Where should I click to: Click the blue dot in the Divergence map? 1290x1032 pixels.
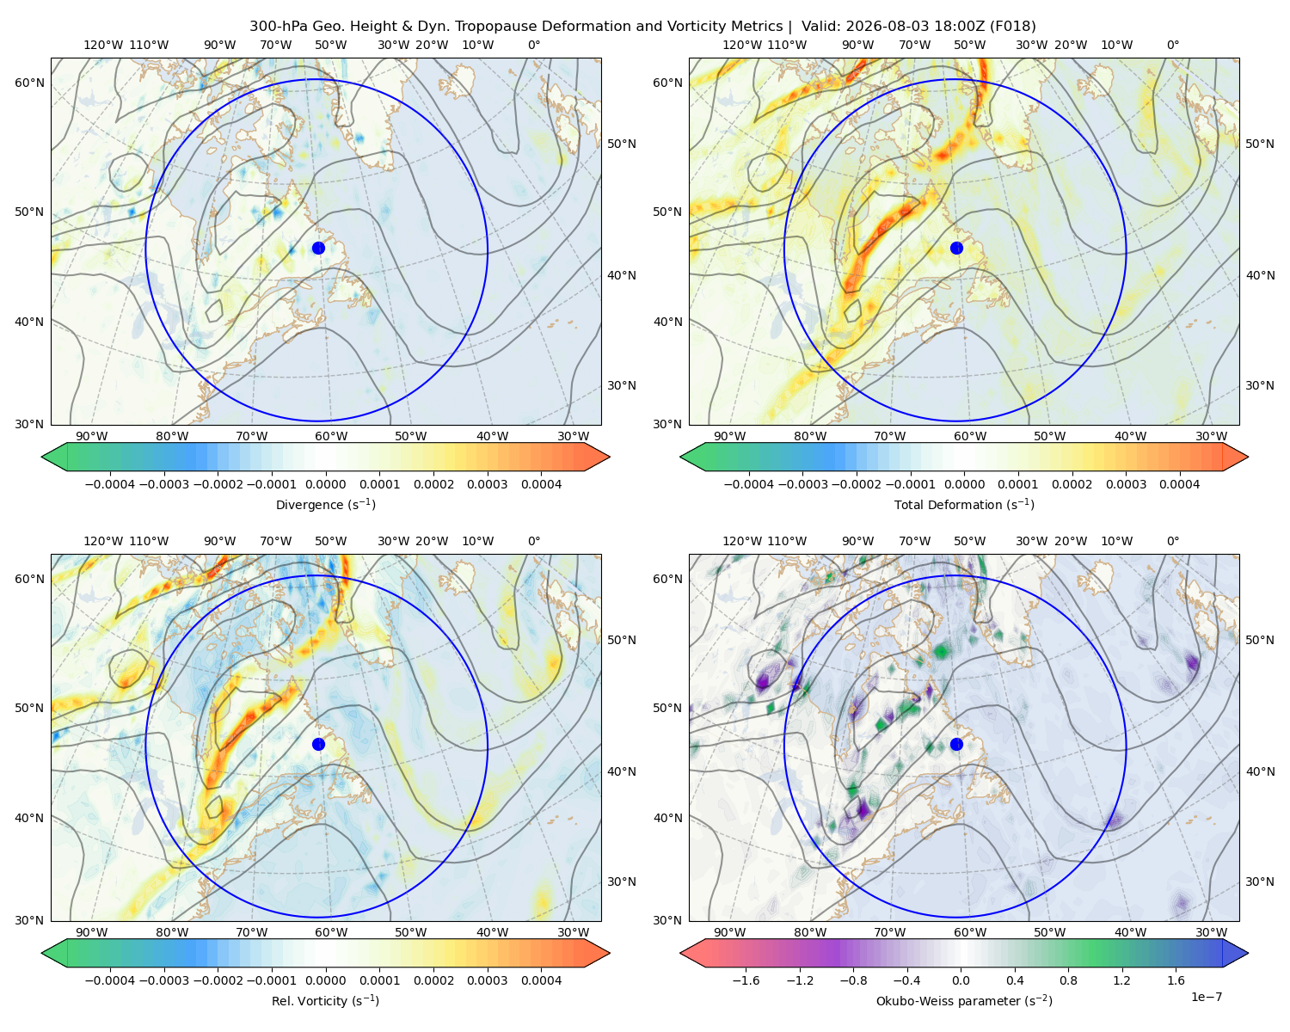(318, 248)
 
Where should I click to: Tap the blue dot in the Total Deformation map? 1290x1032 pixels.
(956, 248)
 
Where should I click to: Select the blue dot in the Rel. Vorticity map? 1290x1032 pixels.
(318, 744)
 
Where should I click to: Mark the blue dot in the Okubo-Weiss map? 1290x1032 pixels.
(956, 744)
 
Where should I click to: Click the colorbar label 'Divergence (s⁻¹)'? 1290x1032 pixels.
(325, 504)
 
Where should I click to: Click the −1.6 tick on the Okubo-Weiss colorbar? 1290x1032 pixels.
(746, 980)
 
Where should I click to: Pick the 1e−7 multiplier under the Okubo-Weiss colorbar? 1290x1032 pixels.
(1206, 997)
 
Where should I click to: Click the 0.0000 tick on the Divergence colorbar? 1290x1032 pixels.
(325, 484)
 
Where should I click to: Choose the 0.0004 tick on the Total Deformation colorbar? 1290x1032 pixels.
(1179, 484)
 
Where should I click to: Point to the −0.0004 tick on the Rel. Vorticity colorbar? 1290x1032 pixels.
(110, 980)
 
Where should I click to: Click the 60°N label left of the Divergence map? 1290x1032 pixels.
(29, 83)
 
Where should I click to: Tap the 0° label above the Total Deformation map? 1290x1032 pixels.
(1172, 45)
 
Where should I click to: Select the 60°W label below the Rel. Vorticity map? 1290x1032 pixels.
(331, 932)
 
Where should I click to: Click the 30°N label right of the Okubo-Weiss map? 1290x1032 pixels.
(1259, 881)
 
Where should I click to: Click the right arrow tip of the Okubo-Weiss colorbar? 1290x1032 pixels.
(1248, 953)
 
